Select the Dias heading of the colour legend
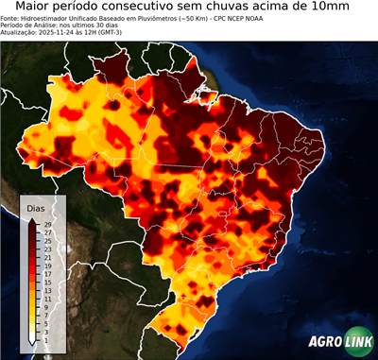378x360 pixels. click(36, 207)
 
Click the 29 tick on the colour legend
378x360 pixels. click(44, 224)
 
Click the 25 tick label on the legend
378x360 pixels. click(44, 240)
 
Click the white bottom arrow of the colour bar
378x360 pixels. click(32, 338)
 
